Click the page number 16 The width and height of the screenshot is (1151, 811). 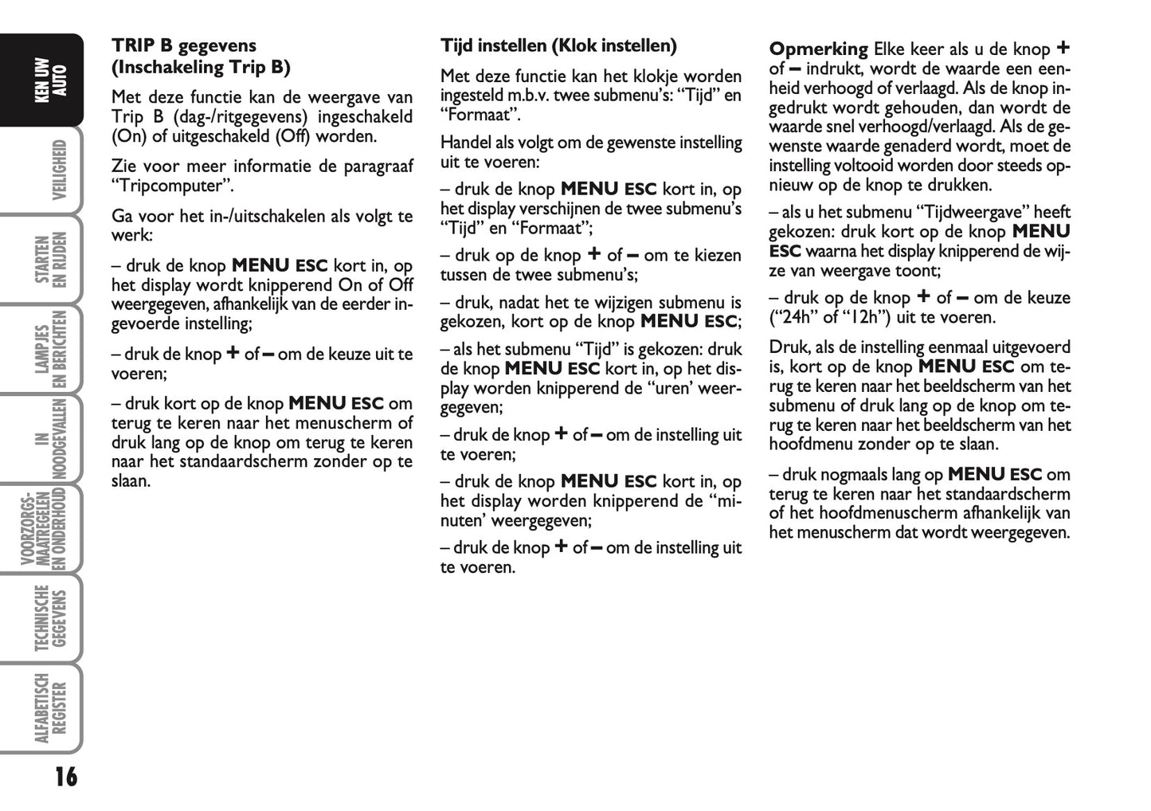[x=66, y=776]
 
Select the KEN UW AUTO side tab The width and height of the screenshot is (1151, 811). [x=50, y=80]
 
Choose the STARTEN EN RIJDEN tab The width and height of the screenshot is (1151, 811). [x=50, y=260]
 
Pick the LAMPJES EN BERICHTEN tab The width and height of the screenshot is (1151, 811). [x=50, y=349]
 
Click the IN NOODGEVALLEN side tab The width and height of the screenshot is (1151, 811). [x=50, y=439]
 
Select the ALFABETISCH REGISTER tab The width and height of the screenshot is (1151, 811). [x=50, y=708]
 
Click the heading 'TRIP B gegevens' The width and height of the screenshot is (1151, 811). [x=184, y=46]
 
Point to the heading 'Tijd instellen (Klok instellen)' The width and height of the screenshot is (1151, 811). [x=558, y=46]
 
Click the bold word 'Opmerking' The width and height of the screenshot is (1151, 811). [x=818, y=49]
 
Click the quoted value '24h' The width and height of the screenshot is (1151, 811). [x=795, y=318]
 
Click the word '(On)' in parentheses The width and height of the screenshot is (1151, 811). [x=129, y=136]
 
